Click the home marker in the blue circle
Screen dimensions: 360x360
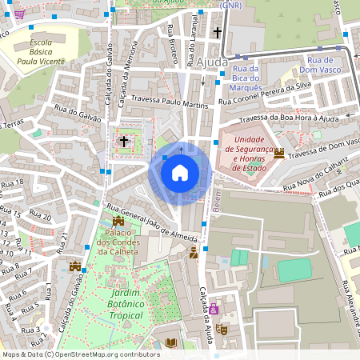(180, 172)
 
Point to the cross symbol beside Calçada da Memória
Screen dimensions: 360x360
(124, 141)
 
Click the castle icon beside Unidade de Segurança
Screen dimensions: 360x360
(279, 154)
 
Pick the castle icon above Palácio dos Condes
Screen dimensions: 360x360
(118, 220)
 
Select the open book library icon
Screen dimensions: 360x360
(170, 343)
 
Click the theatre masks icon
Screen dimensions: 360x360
(222, 328)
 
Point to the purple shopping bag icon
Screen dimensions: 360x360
(214, 309)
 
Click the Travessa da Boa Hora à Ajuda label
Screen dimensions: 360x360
(289, 118)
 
